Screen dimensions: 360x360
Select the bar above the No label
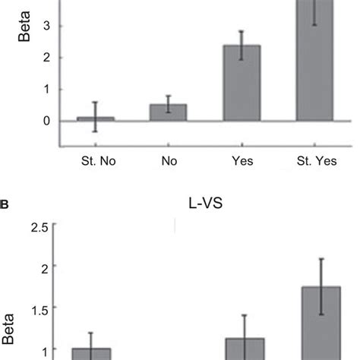point(169,112)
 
